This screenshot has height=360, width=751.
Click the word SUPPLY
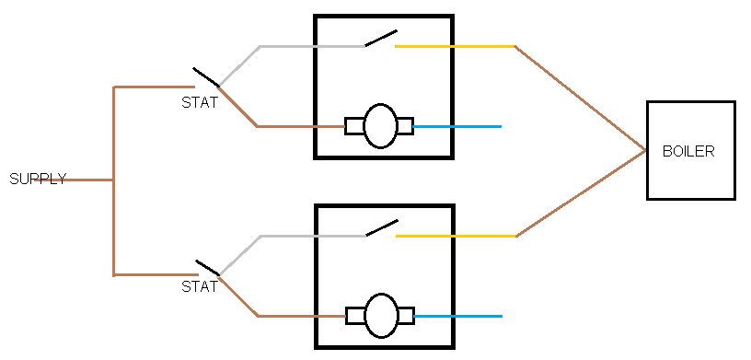[x=38, y=179]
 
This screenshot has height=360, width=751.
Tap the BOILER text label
[x=688, y=152]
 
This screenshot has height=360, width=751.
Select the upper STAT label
[x=199, y=102]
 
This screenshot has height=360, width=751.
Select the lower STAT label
[x=199, y=286]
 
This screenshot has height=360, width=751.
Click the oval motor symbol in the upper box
[x=380, y=126]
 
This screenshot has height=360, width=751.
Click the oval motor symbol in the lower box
[x=381, y=316]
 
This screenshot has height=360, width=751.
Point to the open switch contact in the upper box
[x=381, y=39]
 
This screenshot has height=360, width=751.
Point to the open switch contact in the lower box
[x=382, y=228]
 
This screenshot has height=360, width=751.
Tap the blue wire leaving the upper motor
[x=456, y=126]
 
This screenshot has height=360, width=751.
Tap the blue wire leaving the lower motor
[x=457, y=317]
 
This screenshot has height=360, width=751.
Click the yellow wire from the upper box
[x=455, y=47]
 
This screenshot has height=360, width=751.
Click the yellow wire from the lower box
[x=456, y=237]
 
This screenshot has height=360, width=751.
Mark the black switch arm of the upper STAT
[x=206, y=77]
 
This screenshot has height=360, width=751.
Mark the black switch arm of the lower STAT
[x=208, y=268]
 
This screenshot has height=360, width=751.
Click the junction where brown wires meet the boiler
[x=645, y=150]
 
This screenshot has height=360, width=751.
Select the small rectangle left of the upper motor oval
[x=354, y=126]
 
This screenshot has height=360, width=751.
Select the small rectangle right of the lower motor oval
[x=406, y=316]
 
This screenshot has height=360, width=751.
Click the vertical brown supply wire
[x=113, y=181]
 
